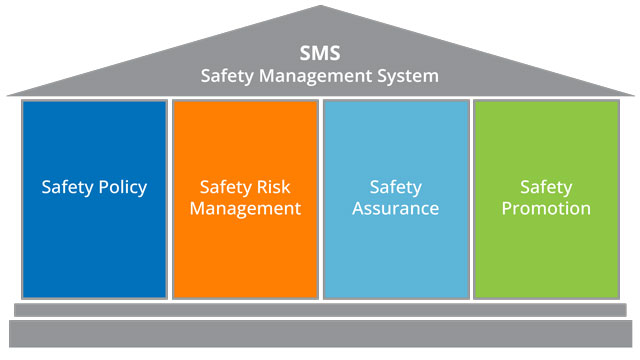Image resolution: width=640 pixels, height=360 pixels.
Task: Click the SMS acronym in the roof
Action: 320,53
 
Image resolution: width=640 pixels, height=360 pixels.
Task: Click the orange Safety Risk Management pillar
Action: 245,250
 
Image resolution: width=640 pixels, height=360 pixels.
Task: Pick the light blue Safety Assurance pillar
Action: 396,250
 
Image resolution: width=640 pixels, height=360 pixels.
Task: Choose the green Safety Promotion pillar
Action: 546,250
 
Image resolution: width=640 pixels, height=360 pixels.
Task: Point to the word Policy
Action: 121,187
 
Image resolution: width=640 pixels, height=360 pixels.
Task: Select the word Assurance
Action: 396,209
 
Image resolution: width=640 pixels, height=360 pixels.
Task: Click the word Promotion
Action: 547,209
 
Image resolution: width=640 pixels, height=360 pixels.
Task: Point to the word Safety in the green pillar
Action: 546,187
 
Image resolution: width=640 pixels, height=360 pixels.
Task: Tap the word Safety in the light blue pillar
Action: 396,187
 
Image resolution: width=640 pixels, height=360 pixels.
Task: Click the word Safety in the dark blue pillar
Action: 66,187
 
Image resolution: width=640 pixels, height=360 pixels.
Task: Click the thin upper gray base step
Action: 320,310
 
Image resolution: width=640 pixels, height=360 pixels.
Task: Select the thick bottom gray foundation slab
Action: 320,333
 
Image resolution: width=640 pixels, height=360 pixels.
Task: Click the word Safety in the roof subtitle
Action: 233,75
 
